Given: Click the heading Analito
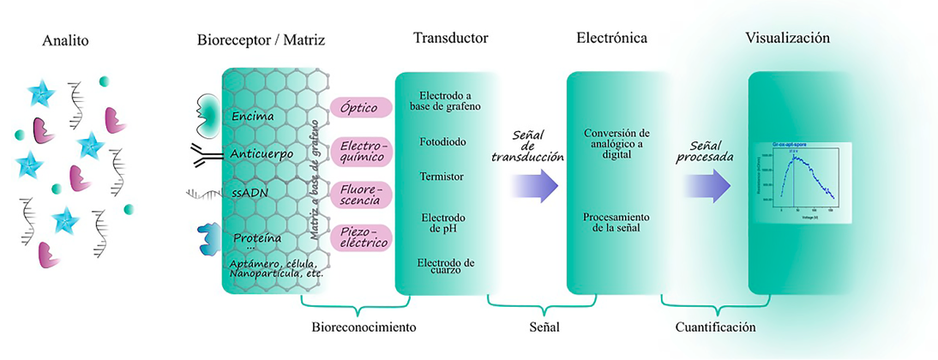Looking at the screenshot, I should [65, 39].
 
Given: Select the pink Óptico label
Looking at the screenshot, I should [361, 106].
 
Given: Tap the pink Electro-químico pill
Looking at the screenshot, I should [361, 152].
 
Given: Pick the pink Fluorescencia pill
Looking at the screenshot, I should [361, 194].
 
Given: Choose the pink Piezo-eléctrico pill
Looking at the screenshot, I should [361, 237].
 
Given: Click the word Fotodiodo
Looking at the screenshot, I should [443, 141].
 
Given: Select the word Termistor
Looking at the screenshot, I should [442, 177].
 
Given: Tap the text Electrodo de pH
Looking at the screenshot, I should [442, 223].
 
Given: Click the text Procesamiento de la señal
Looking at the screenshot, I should [616, 222].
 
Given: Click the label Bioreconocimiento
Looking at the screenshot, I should [363, 327].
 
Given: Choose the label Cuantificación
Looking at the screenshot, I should [715, 327].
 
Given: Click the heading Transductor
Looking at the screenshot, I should [450, 39].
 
